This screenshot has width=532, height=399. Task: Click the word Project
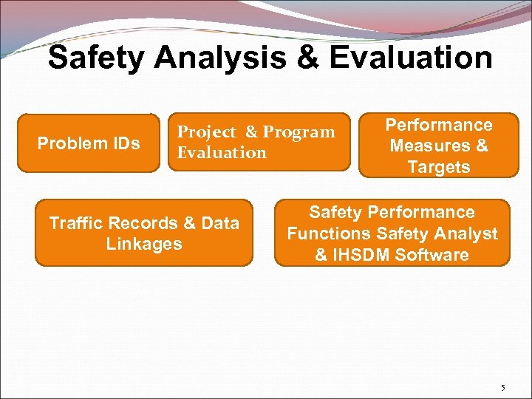[206, 132]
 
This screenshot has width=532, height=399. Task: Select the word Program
[299, 132]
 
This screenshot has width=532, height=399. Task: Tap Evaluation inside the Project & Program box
[222, 153]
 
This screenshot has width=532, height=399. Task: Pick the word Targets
[439, 167]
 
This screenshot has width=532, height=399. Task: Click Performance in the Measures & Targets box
[439, 125]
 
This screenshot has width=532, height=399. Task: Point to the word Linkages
[144, 244]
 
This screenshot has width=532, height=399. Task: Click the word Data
[220, 223]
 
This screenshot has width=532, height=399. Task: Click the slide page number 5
[503, 388]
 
